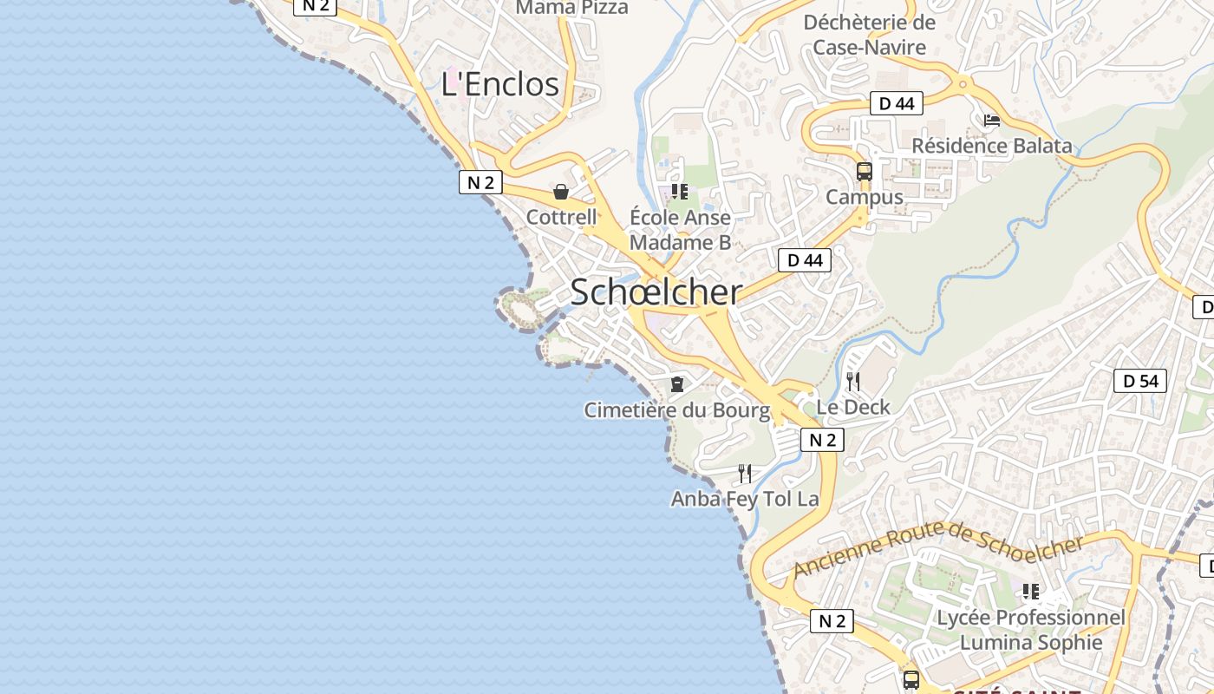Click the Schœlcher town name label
pos(656,292)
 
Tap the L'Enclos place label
pos(499,84)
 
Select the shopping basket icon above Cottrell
pos(561,192)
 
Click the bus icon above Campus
pos(864,171)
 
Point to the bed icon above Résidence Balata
pos(991,121)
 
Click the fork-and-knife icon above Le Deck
pos(853,381)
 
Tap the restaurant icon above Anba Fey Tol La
pos(745,473)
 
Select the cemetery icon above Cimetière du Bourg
pos(677,383)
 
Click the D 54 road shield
pos(1139,381)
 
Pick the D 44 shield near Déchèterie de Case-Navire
pos(896,104)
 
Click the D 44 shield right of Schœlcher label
pos(804,260)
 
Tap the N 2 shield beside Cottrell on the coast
pos(480,182)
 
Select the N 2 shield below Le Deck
pos(821,440)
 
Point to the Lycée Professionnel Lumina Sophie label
pos(1030,630)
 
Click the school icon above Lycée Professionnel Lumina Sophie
pos(1030,592)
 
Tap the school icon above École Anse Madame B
pos(680,191)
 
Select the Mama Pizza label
pos(571,8)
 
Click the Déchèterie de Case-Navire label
pos(869,35)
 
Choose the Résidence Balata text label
pos(991,146)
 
